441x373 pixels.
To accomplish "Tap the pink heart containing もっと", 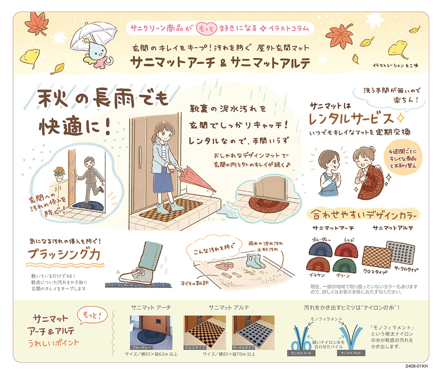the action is click(207, 29).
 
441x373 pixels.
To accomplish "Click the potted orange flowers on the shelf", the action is click(59, 173).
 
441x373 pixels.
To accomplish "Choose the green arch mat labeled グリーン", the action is click(344, 265).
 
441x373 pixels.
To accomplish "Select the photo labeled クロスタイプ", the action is click(205, 333).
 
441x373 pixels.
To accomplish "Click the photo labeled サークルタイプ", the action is click(253, 333).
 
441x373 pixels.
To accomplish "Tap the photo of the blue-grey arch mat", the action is click(151, 333).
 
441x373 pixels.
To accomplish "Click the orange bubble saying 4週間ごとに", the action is click(403, 159).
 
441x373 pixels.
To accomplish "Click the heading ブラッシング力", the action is click(64, 254).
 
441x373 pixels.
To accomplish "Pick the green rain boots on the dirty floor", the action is click(255, 261).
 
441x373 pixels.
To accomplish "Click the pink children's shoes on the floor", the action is click(224, 265).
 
